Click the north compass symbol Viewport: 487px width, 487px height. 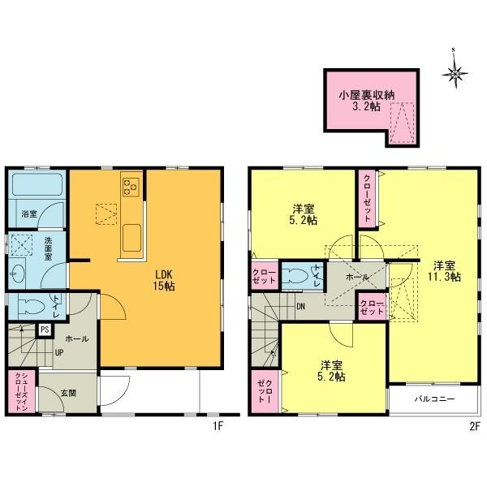(455, 75)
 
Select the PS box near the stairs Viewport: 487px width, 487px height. (44, 330)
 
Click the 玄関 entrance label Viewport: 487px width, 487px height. (69, 393)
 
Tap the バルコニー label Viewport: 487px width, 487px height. (435, 399)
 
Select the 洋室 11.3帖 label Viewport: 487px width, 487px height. (446, 271)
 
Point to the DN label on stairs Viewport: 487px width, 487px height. (300, 307)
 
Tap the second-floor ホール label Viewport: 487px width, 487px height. (357, 278)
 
